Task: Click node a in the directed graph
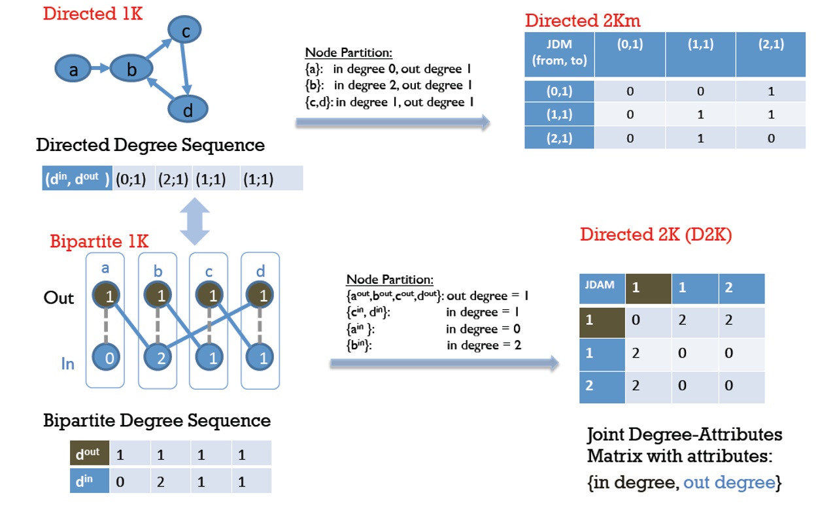click(x=74, y=69)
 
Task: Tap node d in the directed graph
click(x=188, y=110)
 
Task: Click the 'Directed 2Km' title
click(x=582, y=20)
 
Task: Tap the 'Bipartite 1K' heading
click(x=99, y=241)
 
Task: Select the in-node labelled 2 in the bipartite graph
click(x=160, y=357)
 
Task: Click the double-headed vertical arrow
click(x=195, y=222)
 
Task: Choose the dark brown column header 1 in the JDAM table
click(x=648, y=288)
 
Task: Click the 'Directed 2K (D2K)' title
click(x=655, y=235)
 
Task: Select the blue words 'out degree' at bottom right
click(x=728, y=483)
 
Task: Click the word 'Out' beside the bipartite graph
click(x=59, y=298)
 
